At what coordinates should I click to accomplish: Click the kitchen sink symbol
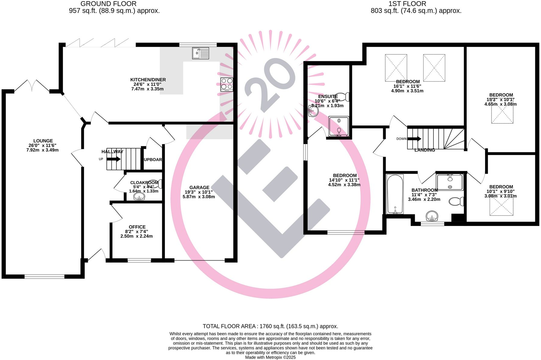coord(200,53)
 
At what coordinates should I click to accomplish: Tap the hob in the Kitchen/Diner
coord(227,85)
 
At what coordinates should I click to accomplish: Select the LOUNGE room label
coord(43,141)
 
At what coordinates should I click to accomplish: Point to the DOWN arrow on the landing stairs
coord(414,139)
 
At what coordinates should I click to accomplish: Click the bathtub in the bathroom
coord(395,194)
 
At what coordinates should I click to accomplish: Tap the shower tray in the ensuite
coord(339,126)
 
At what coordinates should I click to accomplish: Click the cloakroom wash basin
coord(139,197)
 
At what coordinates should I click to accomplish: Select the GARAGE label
coord(199,188)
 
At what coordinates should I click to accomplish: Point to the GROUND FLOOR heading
coord(108,4)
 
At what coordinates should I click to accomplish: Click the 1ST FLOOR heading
coord(407,4)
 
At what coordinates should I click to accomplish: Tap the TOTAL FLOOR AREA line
coord(270,326)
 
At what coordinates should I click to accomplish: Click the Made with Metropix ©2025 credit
coord(270,357)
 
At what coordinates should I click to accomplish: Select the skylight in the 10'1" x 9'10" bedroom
coord(501,207)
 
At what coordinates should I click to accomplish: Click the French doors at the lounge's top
coord(32,86)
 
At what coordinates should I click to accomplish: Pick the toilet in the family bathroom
coord(456,201)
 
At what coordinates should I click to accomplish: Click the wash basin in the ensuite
coord(313,111)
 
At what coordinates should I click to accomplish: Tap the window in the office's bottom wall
coord(139,260)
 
